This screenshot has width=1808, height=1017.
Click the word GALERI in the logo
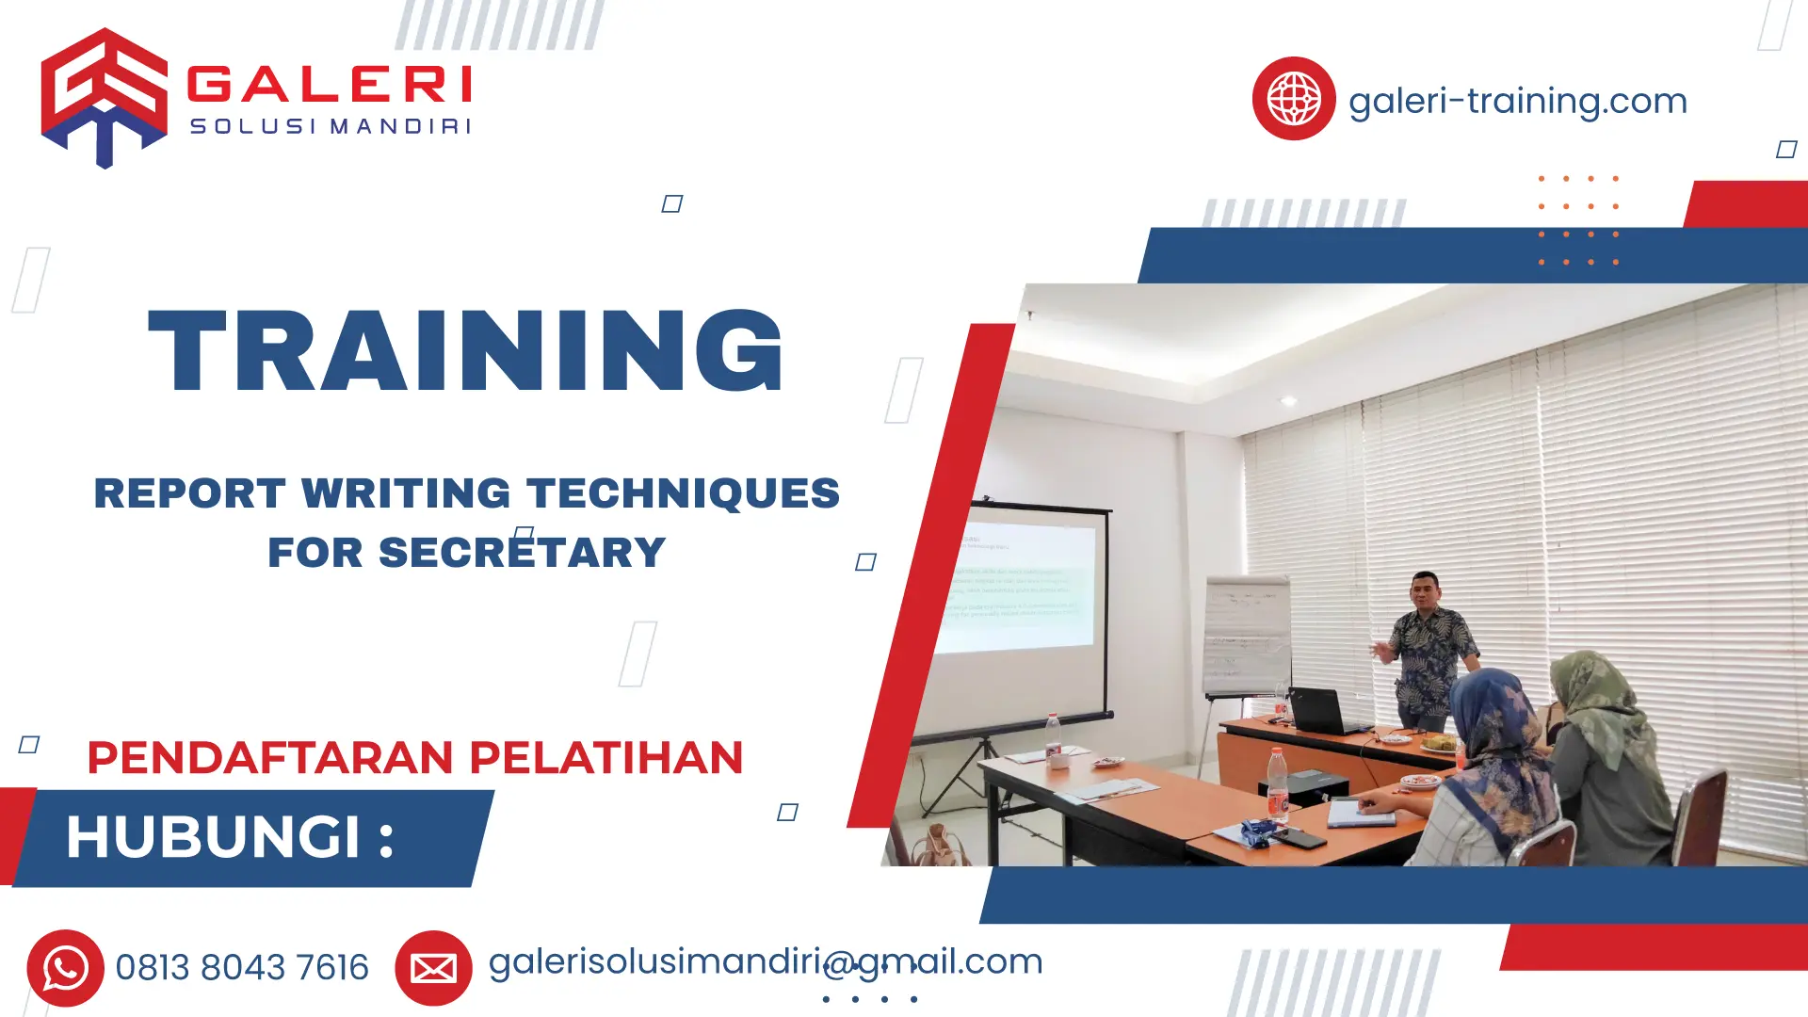(x=330, y=85)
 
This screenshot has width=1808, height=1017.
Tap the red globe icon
(x=1293, y=98)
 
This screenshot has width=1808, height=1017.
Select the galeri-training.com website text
(x=1517, y=101)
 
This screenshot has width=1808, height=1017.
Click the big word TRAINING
(x=466, y=350)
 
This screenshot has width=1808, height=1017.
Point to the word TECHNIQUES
(x=683, y=493)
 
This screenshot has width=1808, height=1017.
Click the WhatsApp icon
(x=65, y=968)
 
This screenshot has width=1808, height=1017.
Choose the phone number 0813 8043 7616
(x=242, y=968)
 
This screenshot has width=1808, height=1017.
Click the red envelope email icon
(x=433, y=968)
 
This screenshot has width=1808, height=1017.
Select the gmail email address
(x=765, y=962)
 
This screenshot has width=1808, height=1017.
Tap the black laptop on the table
(x=1323, y=711)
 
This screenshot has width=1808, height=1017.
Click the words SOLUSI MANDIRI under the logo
(x=330, y=127)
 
